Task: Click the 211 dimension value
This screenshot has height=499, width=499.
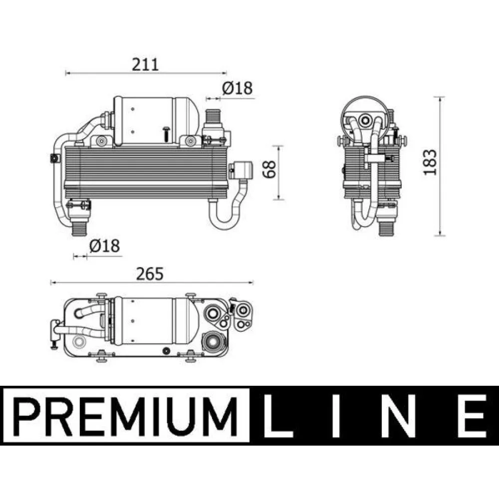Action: click(145, 64)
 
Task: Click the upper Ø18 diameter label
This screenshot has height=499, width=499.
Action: click(237, 88)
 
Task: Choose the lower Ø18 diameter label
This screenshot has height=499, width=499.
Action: click(104, 246)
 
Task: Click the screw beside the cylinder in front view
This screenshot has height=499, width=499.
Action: click(166, 130)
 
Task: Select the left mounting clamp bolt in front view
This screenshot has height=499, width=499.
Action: click(102, 141)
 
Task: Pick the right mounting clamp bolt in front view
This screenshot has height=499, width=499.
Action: click(190, 141)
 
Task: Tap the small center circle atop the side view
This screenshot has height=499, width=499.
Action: click(366, 120)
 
